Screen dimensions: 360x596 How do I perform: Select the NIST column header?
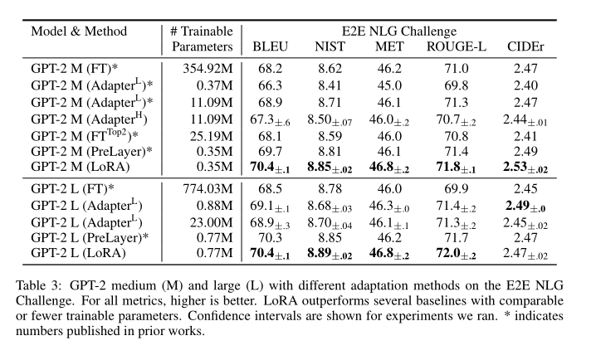[x=330, y=47]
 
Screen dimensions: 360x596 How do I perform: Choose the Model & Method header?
[x=80, y=31]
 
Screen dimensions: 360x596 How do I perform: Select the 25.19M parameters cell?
[x=203, y=135]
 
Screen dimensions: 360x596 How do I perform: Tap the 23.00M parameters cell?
[x=203, y=221]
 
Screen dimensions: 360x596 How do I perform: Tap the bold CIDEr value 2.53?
[x=520, y=166]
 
